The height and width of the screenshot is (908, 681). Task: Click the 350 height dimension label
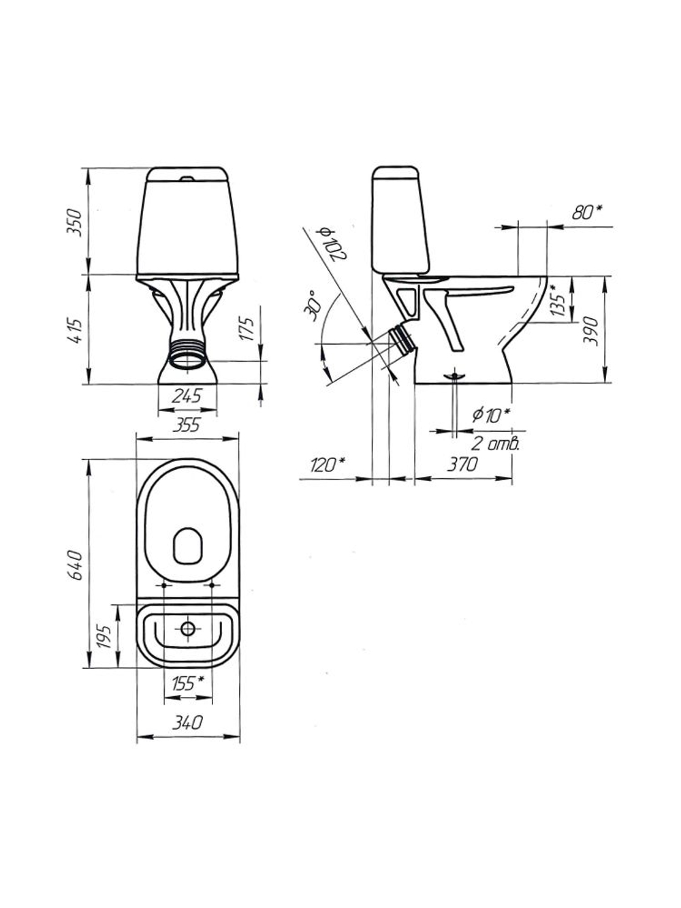pos(75,222)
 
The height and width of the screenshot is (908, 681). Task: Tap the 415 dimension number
pos(75,331)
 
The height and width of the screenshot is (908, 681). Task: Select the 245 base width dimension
pos(187,396)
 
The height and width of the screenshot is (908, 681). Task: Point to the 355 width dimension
pos(187,425)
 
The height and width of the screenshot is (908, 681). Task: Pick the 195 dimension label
pos(104,637)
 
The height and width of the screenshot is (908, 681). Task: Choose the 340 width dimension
pos(188,722)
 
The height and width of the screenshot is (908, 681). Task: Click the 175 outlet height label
pos(247,329)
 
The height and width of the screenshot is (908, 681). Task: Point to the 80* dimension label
pos(587,212)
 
